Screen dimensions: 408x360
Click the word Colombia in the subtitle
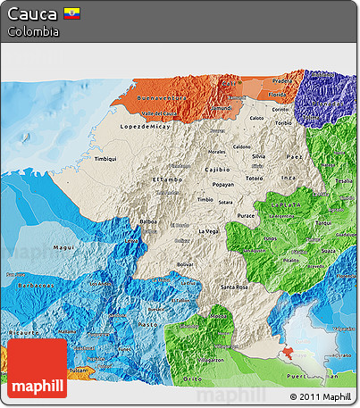click(32, 31)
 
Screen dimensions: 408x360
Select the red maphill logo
click(37, 368)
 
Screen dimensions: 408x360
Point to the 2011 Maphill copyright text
click(320, 396)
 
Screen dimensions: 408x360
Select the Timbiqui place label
click(105, 158)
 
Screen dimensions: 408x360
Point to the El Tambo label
click(166, 180)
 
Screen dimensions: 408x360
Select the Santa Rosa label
click(234, 287)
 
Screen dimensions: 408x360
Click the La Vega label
click(208, 231)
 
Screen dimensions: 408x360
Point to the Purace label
click(247, 215)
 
